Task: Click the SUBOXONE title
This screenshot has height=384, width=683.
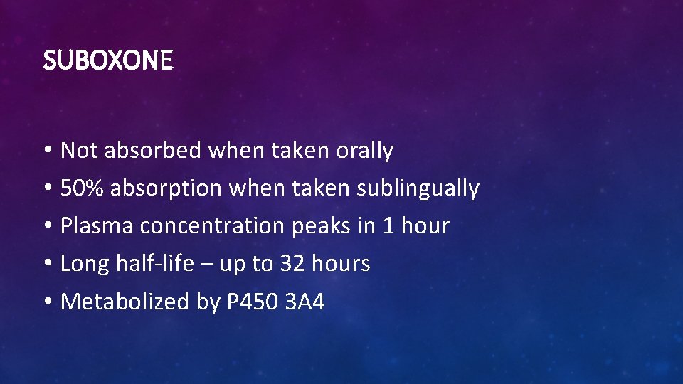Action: [107, 61]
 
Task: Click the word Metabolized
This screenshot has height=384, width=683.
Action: [125, 302]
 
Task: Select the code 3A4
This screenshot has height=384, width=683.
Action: [305, 302]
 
